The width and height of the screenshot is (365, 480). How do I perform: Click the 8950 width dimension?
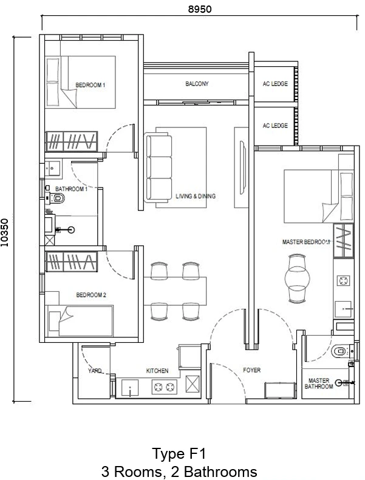point(200,9)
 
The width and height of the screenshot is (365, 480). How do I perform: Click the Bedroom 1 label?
point(90,85)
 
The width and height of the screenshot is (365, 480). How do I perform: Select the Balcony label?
point(197,84)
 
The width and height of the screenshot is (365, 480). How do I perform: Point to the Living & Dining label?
point(196,196)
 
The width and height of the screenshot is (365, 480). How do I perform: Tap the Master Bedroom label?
point(306,242)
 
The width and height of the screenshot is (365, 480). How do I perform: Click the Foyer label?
point(251,370)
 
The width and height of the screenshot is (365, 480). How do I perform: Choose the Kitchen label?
point(157,371)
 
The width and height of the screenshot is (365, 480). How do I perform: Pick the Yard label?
point(95,371)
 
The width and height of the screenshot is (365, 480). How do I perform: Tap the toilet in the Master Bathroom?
point(342,351)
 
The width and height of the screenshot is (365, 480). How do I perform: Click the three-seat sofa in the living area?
point(158,167)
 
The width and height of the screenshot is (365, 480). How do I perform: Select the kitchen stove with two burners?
point(165,387)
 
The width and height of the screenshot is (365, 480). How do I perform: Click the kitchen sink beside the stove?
point(130,388)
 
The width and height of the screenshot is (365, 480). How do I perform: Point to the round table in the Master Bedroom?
point(297,279)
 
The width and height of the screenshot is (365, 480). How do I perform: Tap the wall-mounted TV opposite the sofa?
point(243,167)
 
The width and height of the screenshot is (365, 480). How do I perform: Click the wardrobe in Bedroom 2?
point(72,262)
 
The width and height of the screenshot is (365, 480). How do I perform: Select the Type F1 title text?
point(179,454)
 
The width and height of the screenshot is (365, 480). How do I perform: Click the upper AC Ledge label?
point(275,84)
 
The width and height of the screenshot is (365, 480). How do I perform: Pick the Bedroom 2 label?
point(91,295)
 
